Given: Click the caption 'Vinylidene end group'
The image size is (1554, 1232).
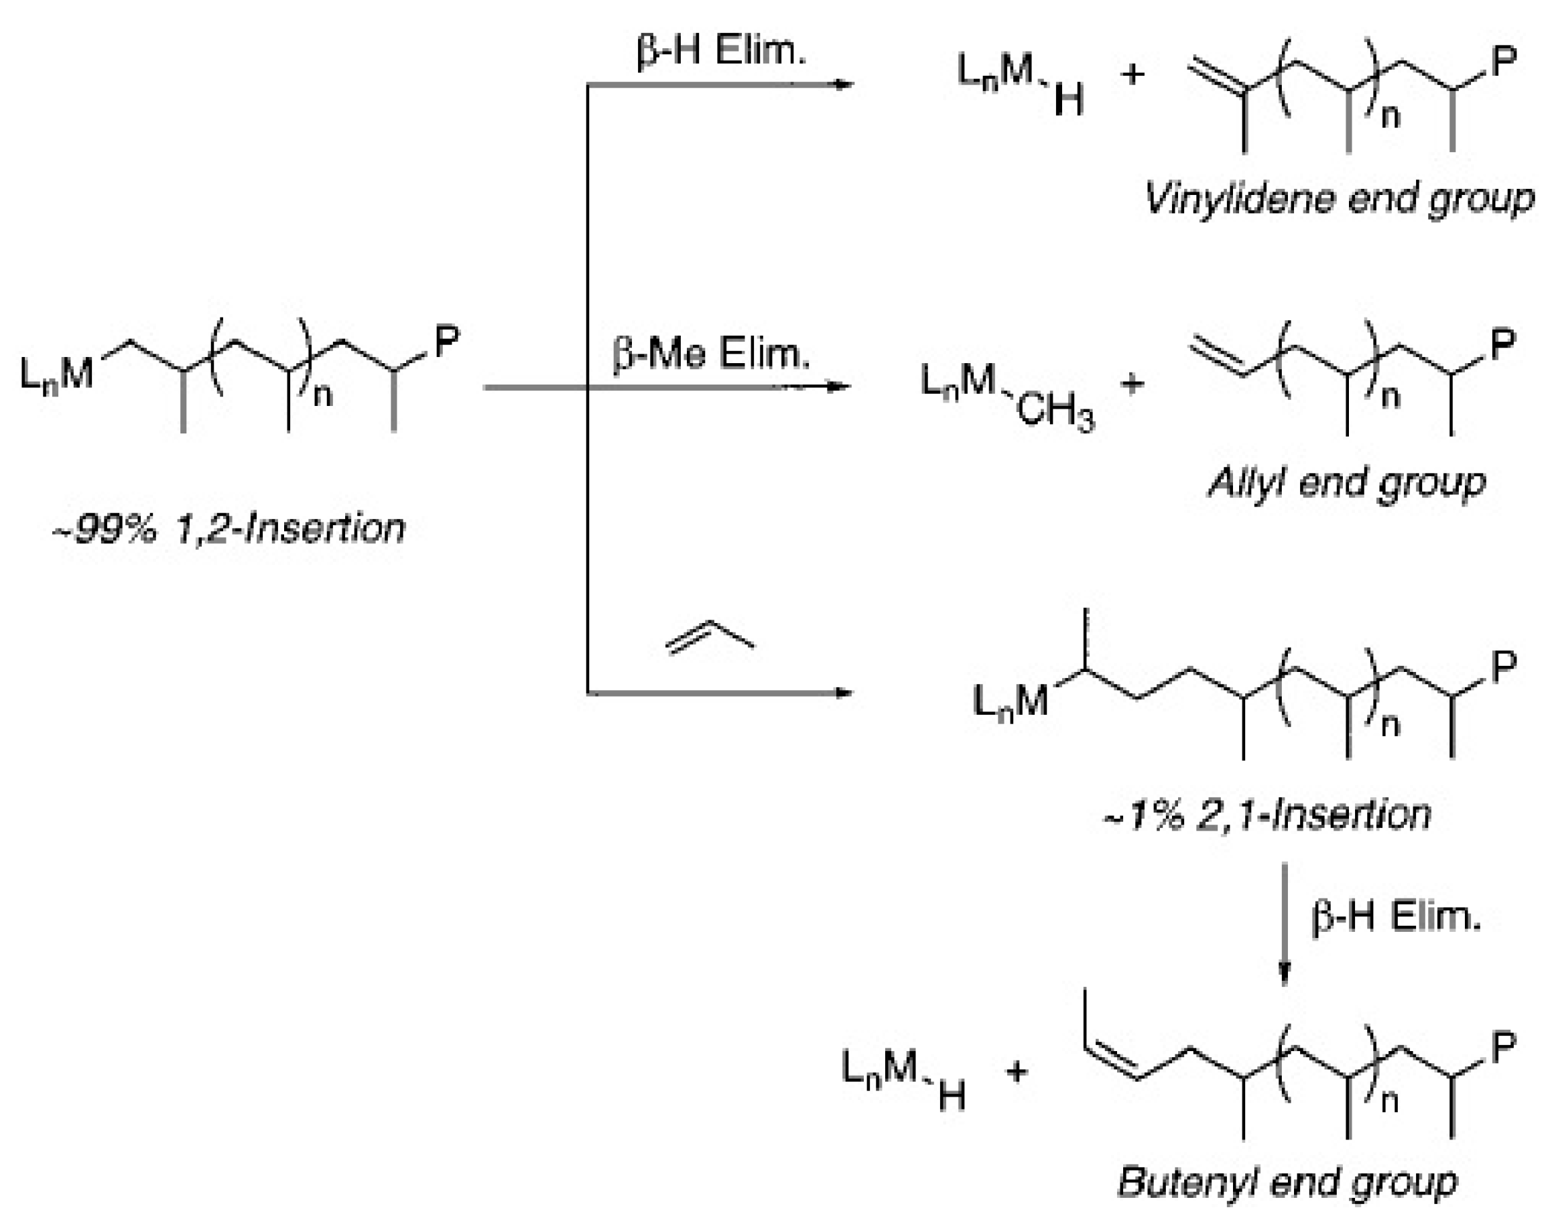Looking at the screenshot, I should [1339, 198].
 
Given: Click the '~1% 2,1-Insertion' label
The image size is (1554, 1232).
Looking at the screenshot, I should [1267, 815].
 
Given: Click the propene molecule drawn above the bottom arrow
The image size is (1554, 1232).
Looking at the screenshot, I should [710, 637].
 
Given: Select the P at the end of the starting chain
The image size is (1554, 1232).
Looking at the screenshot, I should [446, 340].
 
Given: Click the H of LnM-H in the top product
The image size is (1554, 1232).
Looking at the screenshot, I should [1069, 101].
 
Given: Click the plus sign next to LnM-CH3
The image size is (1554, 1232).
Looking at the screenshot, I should [1132, 383].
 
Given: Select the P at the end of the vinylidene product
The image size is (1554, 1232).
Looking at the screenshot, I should [1504, 60].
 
